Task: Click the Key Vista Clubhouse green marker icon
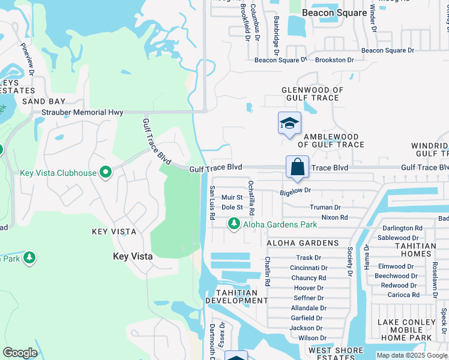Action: click(x=106, y=173)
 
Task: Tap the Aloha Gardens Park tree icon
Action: click(x=234, y=224)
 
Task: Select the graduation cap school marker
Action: click(x=289, y=124)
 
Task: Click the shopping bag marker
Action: click(x=297, y=167)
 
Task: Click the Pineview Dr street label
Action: click(x=28, y=59)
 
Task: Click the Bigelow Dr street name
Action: click(x=295, y=190)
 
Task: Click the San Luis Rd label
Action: click(x=212, y=202)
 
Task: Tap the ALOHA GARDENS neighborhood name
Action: click(x=303, y=242)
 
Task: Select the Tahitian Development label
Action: click(x=236, y=296)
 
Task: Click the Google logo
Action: click(x=20, y=353)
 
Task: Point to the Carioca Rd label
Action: click(x=403, y=295)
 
